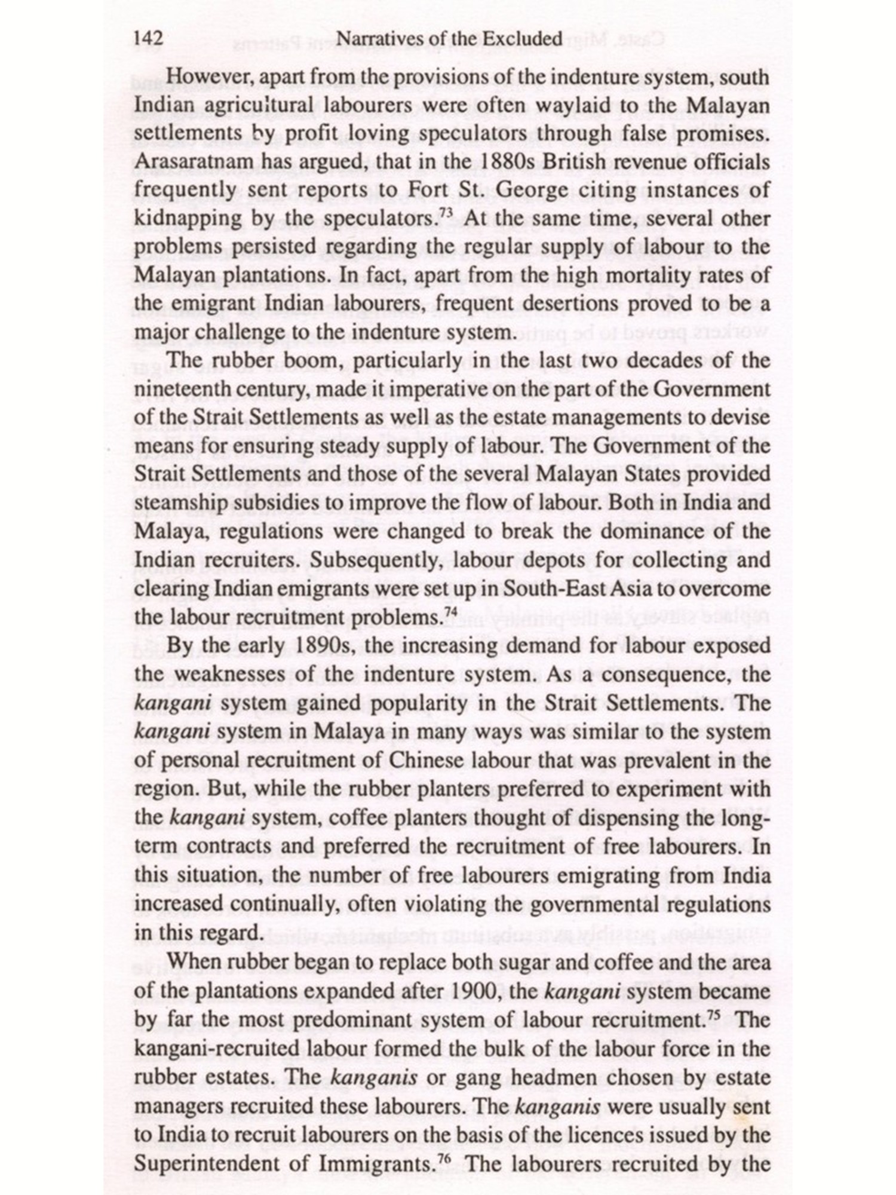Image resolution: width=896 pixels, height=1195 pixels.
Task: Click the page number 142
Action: (148, 39)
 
